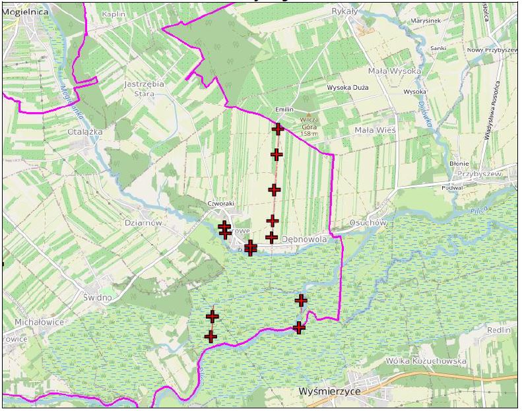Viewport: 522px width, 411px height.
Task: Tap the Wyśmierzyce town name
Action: tap(327, 391)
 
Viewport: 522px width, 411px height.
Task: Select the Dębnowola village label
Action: tap(304, 239)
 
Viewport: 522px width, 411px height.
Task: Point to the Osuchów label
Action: tap(368, 223)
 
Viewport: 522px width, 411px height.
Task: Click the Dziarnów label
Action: tap(143, 223)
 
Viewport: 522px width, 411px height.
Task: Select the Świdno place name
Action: tap(98, 297)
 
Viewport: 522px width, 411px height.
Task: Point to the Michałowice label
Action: tap(39, 322)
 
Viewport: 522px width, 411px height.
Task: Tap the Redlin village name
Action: tap(498, 330)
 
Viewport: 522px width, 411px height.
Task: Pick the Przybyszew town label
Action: tap(480, 174)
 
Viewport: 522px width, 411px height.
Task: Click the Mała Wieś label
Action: tap(375, 131)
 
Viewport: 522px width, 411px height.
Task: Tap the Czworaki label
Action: tap(220, 204)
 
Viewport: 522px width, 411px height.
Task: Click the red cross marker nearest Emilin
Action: tap(278, 129)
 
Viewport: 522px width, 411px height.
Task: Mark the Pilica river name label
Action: tap(480, 211)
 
